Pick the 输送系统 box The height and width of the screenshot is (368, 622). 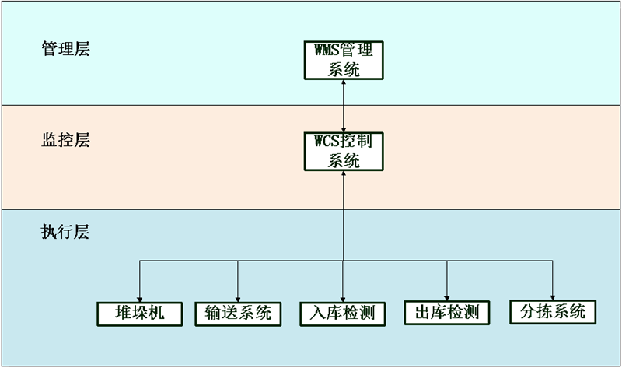[x=238, y=313]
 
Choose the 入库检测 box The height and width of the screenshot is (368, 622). [x=342, y=314]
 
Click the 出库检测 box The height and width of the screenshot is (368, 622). [x=447, y=313]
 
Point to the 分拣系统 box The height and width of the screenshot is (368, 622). [x=552, y=312]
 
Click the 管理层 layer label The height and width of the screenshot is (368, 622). [x=65, y=49]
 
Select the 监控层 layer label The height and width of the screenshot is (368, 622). [x=65, y=140]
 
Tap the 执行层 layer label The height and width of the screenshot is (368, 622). [x=65, y=232]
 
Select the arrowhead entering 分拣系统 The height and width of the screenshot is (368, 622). [x=552, y=295]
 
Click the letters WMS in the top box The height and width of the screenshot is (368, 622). [x=327, y=51]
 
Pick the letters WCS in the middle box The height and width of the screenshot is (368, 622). [x=327, y=143]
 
